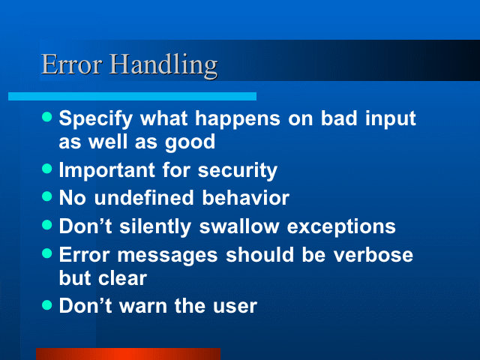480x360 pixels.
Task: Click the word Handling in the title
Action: (163, 65)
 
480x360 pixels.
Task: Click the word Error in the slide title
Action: (72, 64)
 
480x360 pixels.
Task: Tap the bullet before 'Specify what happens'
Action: (46, 117)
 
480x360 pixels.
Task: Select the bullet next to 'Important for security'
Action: (46, 168)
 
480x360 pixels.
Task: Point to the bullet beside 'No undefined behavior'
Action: (46, 196)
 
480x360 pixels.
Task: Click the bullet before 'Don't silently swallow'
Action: (46, 225)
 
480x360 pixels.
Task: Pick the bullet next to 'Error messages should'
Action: (46, 253)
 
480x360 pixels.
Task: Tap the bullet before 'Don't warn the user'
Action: (46, 305)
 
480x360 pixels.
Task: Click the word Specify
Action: (96, 120)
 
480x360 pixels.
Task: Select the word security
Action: (238, 171)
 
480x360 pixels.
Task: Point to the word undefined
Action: (144, 197)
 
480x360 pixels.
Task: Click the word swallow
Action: (239, 226)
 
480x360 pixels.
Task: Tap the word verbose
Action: (373, 255)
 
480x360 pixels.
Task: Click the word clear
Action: (122, 278)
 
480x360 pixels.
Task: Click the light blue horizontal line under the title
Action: (132, 96)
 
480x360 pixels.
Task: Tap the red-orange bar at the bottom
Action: (128, 354)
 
